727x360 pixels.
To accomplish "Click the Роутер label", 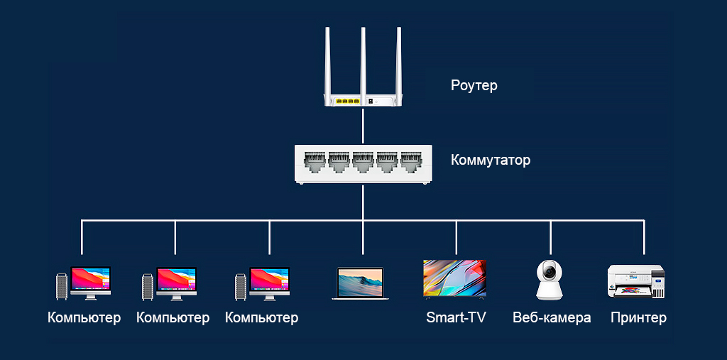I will coord(474,86).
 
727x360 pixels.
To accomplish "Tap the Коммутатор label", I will coord(490,160).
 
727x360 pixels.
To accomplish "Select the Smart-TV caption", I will coord(456,317).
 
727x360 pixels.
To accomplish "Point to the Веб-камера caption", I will coord(552,317).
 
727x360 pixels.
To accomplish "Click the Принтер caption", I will coord(638,317).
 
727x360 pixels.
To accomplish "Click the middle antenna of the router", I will coord(363,60).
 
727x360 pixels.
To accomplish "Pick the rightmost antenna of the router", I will coord(398,60).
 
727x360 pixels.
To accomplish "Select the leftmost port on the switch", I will coord(315,161).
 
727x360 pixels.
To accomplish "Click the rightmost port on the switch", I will coord(411,161).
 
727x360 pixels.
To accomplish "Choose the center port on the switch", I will coord(363,161).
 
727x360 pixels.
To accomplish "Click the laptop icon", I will coord(360,283).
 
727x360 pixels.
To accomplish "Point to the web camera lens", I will coord(549,271).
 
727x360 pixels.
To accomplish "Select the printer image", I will coord(635,282).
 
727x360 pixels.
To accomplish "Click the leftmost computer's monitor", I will coord(90,279).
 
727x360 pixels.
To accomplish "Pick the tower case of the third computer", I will coord(241,285).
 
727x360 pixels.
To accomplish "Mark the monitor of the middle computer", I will coord(176,279).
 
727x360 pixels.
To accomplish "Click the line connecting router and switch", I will coord(363,126).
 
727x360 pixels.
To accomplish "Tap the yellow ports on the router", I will coord(346,101).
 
